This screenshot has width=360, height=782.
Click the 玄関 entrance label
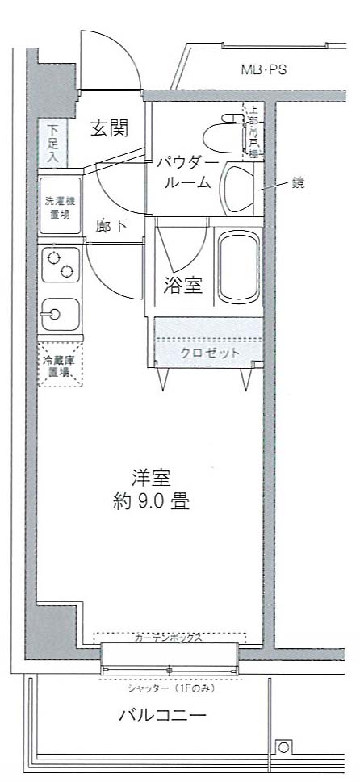point(109,128)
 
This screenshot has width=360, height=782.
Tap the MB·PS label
point(264,70)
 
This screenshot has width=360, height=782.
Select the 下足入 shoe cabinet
point(52,143)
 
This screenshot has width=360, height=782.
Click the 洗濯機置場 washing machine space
point(59,208)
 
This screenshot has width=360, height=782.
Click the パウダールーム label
point(187,173)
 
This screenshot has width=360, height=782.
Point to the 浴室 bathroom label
point(183,286)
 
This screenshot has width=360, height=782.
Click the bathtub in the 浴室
point(238,270)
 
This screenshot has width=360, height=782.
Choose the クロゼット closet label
point(210,353)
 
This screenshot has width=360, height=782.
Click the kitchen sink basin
point(58,312)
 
